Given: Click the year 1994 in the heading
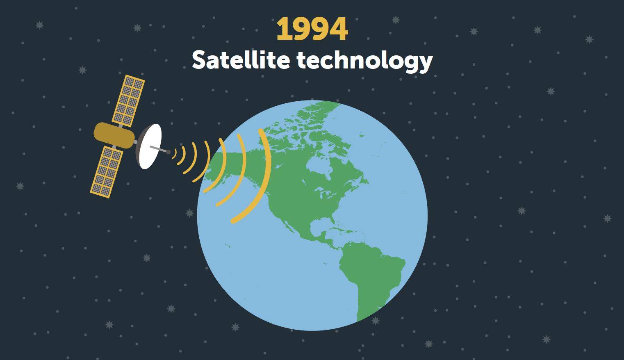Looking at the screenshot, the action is point(312,29).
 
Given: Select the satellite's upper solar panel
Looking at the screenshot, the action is point(128,100).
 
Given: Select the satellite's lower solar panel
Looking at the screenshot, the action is point(107,172).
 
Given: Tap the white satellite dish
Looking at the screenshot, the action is point(149,146).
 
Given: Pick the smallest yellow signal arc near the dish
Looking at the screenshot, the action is point(175,153).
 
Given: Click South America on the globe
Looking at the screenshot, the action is point(371,276).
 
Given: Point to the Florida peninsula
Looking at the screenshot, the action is point(332,220).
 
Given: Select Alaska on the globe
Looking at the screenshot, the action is point(223,164).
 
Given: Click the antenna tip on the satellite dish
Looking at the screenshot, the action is point(168,152).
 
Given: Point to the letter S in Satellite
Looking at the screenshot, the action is point(199,60).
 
